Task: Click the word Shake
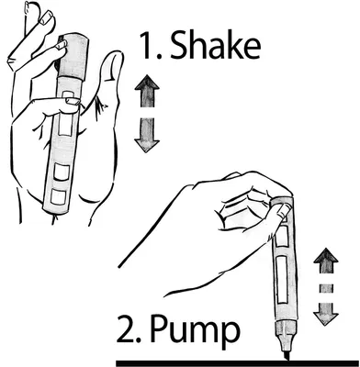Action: pyautogui.click(x=215, y=45)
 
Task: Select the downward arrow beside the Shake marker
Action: pyautogui.click(x=147, y=135)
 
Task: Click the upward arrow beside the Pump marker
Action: pyautogui.click(x=326, y=261)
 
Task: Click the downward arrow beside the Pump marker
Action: pyautogui.click(x=326, y=314)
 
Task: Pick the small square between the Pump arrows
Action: pyautogui.click(x=326, y=288)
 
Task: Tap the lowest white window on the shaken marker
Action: pyautogui.click(x=59, y=197)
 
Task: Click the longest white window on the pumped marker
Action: pyautogui.click(x=282, y=278)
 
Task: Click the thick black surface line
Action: pyautogui.click(x=238, y=363)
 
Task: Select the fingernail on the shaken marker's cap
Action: pyautogui.click(x=62, y=45)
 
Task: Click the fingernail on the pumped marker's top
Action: pyautogui.click(x=284, y=210)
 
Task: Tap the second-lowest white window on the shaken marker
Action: pyautogui.click(x=62, y=172)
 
